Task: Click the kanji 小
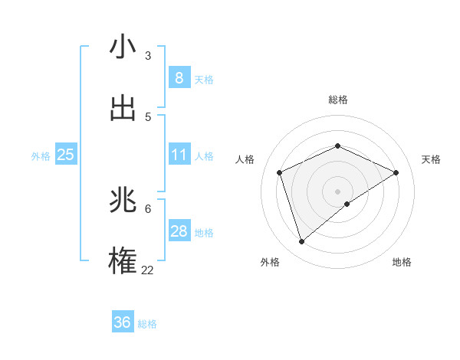click(x=123, y=47)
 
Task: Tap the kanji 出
click(x=123, y=108)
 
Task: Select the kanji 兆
click(x=123, y=201)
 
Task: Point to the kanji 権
click(x=123, y=262)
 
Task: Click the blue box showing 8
click(x=179, y=77)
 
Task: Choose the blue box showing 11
click(x=179, y=155)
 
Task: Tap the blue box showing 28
click(x=179, y=231)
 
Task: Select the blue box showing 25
click(x=65, y=155)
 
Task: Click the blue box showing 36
click(x=122, y=322)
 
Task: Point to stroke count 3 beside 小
click(x=148, y=56)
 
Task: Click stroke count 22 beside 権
click(x=147, y=270)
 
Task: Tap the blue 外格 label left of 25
click(x=41, y=155)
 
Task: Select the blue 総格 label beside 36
click(x=147, y=324)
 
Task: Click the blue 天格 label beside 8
click(x=204, y=79)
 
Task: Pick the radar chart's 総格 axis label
click(x=337, y=100)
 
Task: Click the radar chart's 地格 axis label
click(x=402, y=262)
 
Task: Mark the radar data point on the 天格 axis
click(x=396, y=172)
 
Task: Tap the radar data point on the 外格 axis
click(x=301, y=242)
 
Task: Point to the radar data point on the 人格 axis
click(x=280, y=172)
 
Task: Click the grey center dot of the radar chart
click(x=337, y=191)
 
